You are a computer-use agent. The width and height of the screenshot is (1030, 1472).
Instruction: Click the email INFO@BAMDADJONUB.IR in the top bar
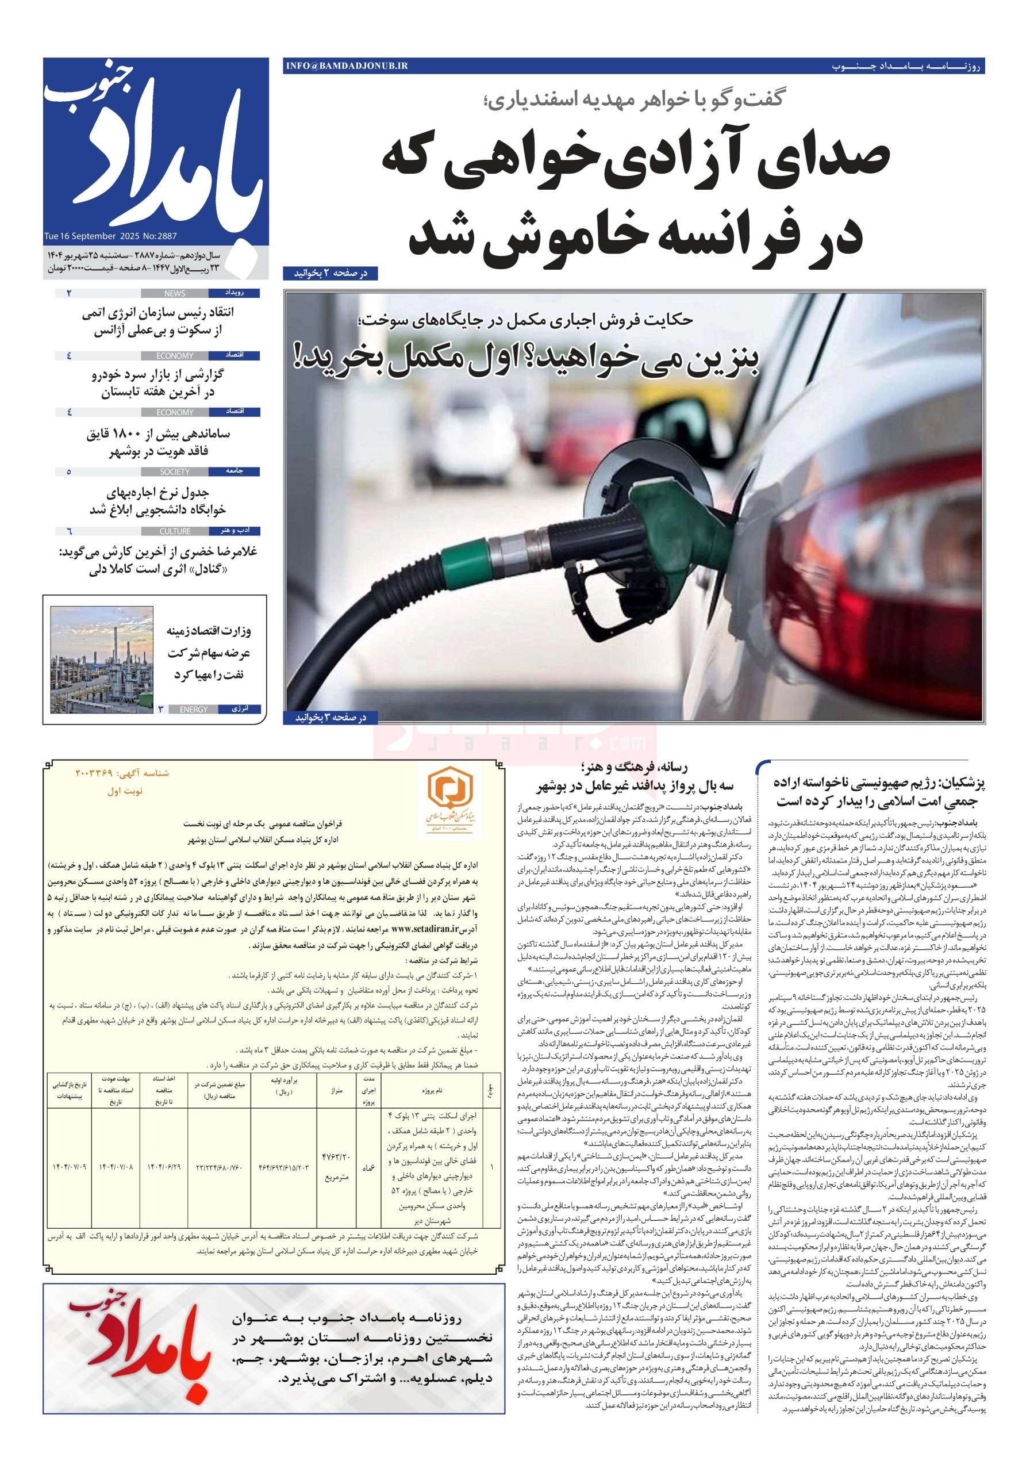pos(347,66)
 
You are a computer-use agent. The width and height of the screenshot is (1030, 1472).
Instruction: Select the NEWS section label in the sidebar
pos(174,294)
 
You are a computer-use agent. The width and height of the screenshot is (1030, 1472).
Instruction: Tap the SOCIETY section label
pos(174,472)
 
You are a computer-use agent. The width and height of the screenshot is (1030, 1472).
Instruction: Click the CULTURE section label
pos(175,531)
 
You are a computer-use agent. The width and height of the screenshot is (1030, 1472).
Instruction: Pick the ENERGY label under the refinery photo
pos(194,710)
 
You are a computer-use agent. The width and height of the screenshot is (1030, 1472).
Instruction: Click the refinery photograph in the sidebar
pos(101,660)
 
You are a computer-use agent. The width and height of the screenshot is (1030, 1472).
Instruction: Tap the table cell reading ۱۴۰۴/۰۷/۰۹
pos(69,1167)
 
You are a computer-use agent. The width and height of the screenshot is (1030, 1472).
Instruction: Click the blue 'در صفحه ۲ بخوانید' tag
pos(330,274)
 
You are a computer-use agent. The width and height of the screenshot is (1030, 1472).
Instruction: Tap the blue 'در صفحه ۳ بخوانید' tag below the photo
pos(330,718)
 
